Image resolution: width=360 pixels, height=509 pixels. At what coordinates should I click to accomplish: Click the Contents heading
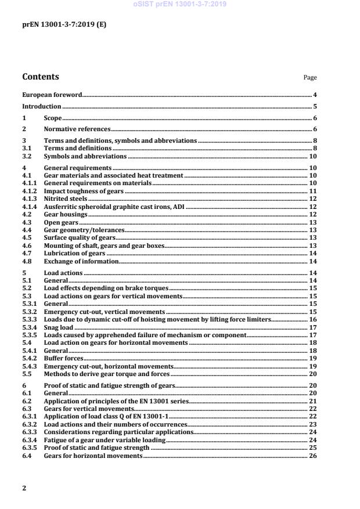[x=40, y=77]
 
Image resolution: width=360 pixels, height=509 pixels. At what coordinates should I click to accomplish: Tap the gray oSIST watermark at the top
[x=179, y=4]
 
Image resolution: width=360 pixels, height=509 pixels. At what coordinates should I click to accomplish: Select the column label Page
[x=310, y=78]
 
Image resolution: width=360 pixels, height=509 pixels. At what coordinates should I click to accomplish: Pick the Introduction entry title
[x=41, y=107]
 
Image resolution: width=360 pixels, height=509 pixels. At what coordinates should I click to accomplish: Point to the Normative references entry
[x=77, y=129]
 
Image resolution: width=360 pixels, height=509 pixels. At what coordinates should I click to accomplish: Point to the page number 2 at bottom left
[x=24, y=488]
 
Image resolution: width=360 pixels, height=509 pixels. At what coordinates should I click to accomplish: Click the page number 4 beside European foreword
[x=314, y=95]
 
